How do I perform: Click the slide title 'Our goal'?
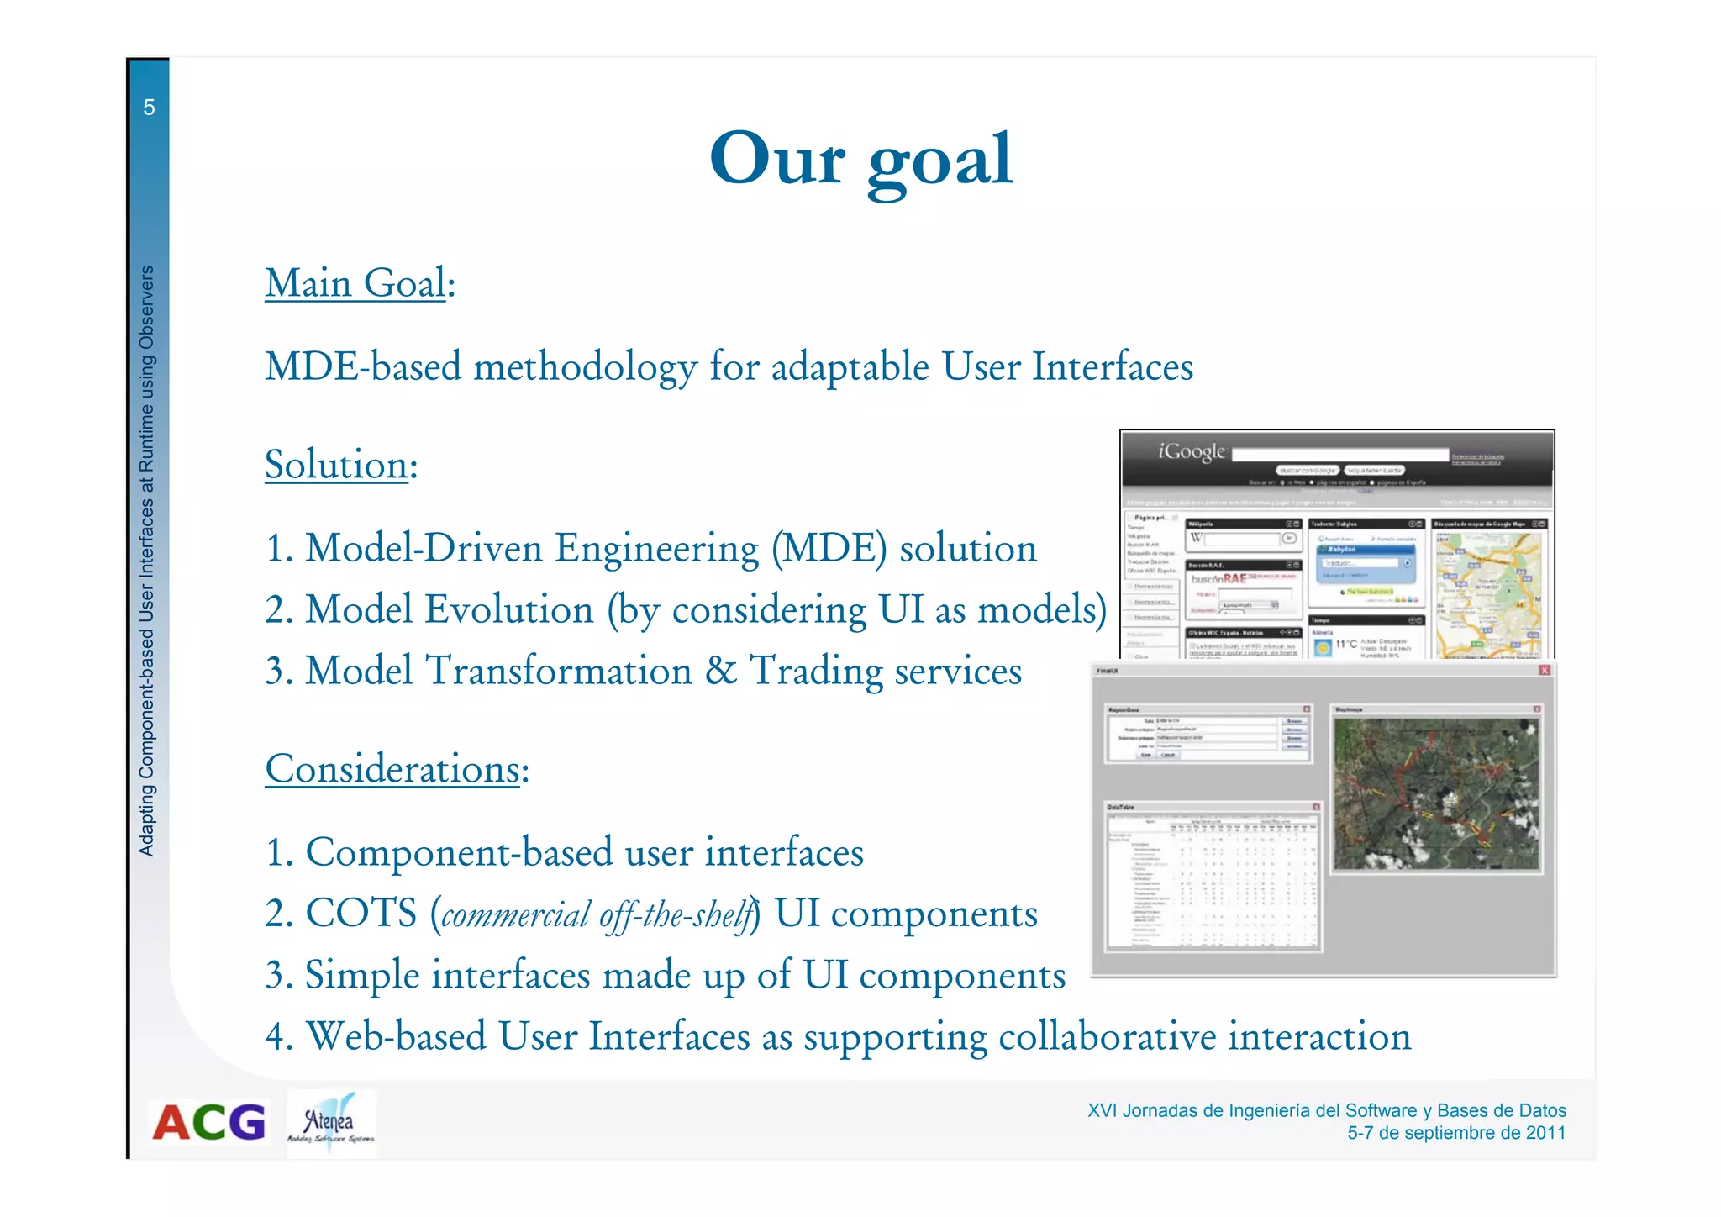tap(861, 160)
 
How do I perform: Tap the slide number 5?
tap(149, 108)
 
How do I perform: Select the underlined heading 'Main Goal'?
tap(355, 283)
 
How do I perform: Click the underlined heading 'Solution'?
tap(336, 465)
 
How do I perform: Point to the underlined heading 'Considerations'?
tap(392, 769)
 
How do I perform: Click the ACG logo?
tap(208, 1123)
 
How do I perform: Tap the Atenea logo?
tap(331, 1124)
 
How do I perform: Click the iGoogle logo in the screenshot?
tap(1192, 451)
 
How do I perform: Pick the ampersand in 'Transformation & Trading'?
tap(720, 671)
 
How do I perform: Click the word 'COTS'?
tap(361, 914)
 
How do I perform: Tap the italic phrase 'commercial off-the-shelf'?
tap(595, 915)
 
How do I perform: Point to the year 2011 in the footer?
tap(1545, 1133)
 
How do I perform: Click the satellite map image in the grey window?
tap(1436, 793)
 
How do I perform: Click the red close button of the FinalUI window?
tap(1545, 670)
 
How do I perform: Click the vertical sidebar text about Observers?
tap(147, 561)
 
